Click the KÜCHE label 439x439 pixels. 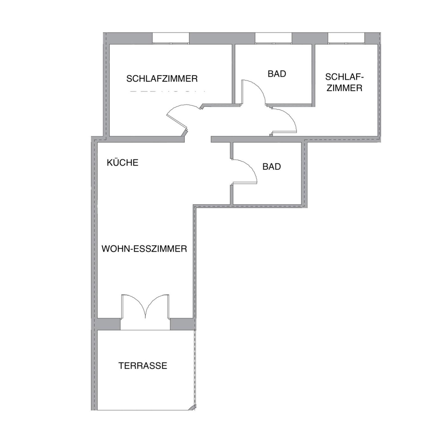coord(123,163)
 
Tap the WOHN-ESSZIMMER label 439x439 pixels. coord(144,249)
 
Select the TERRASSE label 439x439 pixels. coord(143,365)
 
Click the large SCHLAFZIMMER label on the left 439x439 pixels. coord(162,78)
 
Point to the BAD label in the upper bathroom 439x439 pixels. coord(277,74)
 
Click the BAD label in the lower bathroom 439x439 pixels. coord(272,167)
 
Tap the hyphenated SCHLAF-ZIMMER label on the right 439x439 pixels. coord(345,82)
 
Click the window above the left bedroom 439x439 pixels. coord(170,38)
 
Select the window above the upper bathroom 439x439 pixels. coord(273,38)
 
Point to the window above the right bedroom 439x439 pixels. coord(346,38)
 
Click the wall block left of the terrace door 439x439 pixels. coord(109,324)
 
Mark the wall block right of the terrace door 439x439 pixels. coord(182,324)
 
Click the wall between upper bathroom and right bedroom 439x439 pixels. coord(313,75)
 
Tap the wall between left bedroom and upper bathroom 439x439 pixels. coord(233,74)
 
